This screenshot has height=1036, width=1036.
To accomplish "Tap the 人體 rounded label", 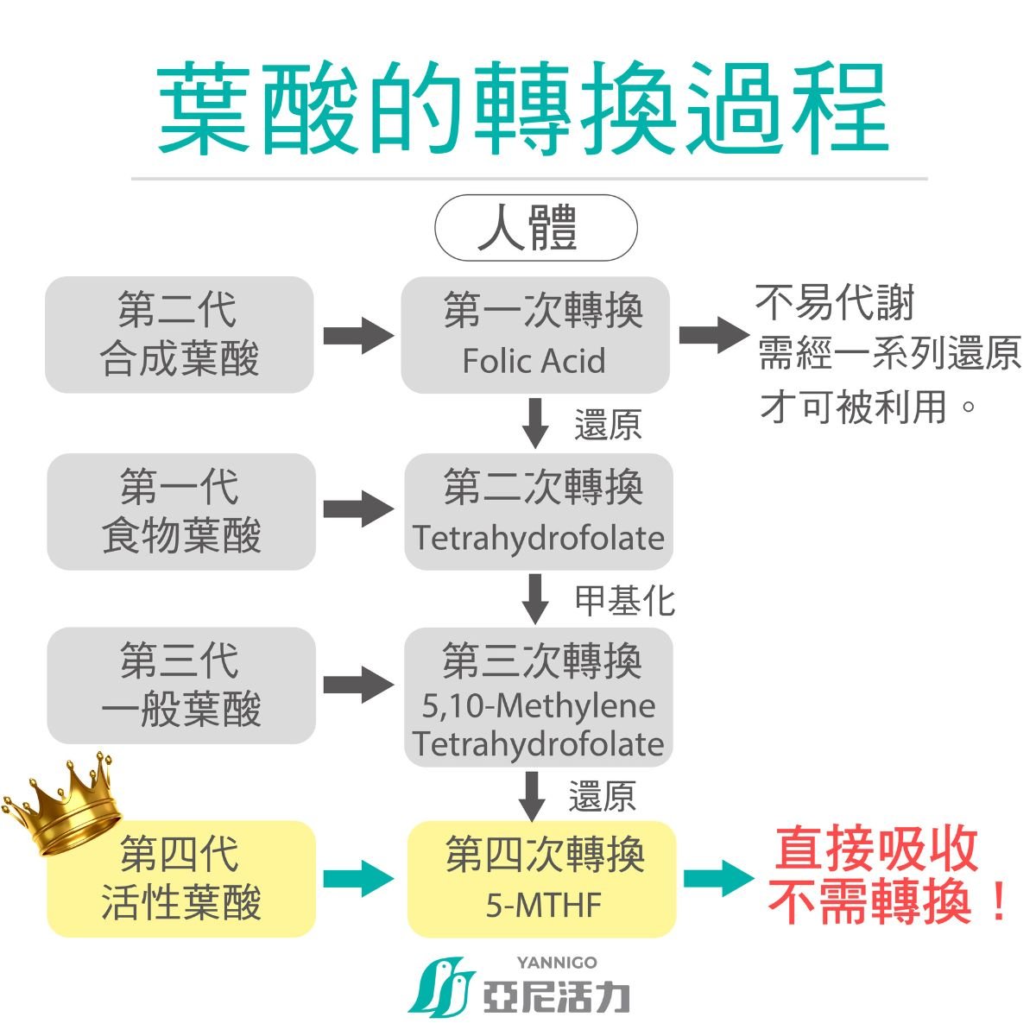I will [x=535, y=228].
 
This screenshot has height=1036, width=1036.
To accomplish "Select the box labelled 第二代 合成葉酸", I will [x=180, y=335].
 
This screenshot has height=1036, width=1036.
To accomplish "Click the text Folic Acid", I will [x=534, y=361].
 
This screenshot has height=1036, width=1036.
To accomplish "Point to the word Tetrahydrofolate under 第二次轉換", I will [x=538, y=539].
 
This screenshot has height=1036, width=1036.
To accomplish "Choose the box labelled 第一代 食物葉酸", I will [x=181, y=511].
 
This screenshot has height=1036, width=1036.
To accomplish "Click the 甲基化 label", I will [x=625, y=601].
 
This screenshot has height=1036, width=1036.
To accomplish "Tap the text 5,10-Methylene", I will [x=538, y=706].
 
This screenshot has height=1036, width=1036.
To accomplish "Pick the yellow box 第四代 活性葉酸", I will [x=181, y=879].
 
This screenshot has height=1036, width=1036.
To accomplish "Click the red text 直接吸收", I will [x=875, y=849].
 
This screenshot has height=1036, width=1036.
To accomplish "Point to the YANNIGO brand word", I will [x=557, y=963].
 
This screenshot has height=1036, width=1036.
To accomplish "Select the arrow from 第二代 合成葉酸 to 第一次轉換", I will [x=357, y=335].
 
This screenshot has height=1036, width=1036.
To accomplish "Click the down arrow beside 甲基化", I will [x=536, y=598].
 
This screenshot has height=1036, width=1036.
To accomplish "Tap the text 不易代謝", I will [x=834, y=302].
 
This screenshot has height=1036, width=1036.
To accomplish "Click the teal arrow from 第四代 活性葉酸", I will [x=357, y=879].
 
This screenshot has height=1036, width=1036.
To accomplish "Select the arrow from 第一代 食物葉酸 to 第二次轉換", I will [x=357, y=509].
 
